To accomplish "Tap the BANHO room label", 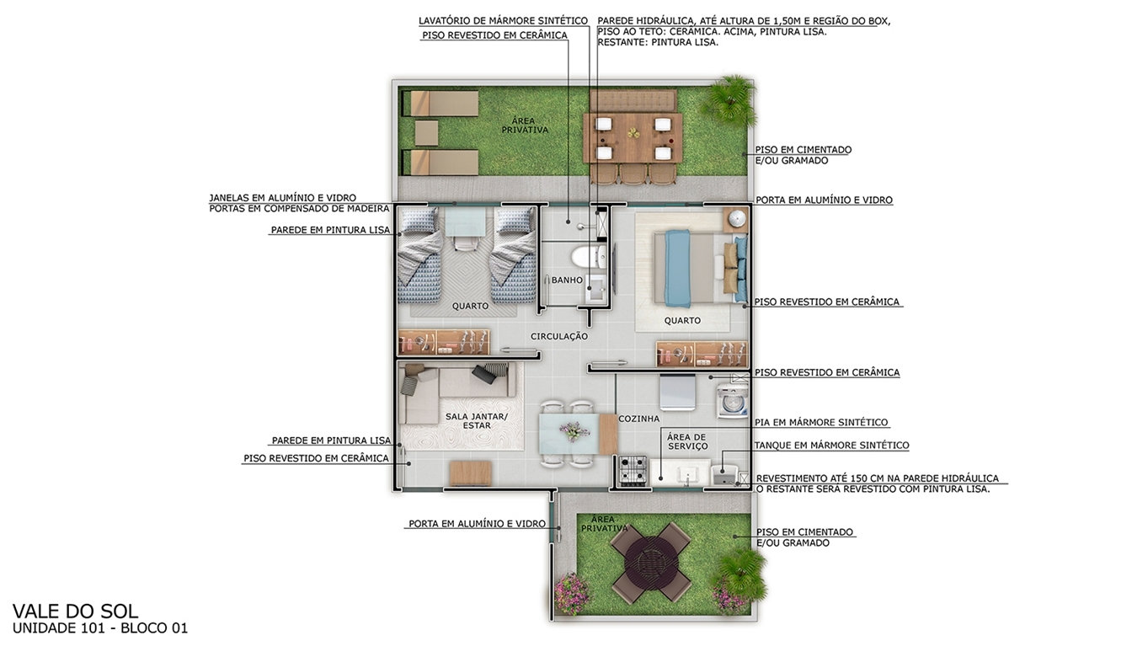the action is coord(567,280).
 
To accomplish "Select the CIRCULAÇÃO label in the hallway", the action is coord(559,337).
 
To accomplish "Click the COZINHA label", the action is coord(638,419).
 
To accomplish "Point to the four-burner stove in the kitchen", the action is coord(633,470).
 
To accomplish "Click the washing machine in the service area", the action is coord(733,401).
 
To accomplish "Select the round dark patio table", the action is coord(651,562).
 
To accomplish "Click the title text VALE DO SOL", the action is coord(75,611).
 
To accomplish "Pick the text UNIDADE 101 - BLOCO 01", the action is coord(100,628).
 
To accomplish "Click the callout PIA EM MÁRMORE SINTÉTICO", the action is coord(821,422).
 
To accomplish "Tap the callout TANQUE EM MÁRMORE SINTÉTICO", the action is coord(832,446).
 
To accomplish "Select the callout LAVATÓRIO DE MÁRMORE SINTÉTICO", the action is coord(504,21).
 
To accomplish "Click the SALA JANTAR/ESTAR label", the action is coord(477,421).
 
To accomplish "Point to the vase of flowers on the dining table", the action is coord(574,431).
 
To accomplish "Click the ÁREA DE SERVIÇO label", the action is coord(687,441).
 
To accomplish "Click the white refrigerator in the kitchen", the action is coord(677,392).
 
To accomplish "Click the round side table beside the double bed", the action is coord(736,219).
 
